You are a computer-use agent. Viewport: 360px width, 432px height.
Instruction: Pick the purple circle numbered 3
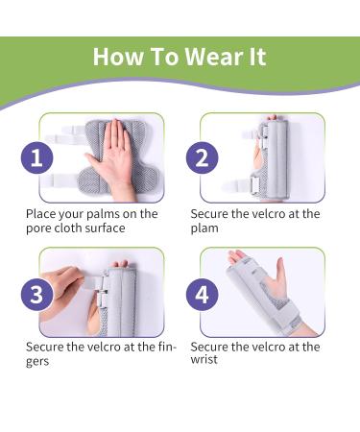(36, 295)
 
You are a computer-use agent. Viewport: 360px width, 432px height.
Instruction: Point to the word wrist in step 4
(205, 360)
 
